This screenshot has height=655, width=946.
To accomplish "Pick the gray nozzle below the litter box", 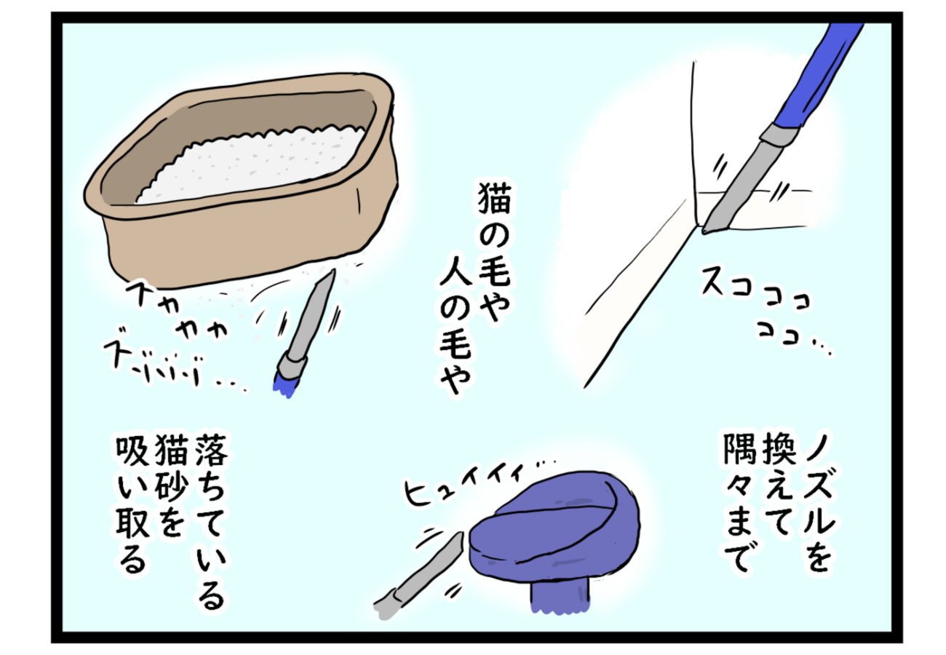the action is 309,321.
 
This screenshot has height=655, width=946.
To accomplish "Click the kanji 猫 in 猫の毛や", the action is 494,198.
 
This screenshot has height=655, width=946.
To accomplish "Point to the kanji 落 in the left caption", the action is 211,450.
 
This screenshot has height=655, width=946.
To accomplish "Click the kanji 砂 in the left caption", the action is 171,489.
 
